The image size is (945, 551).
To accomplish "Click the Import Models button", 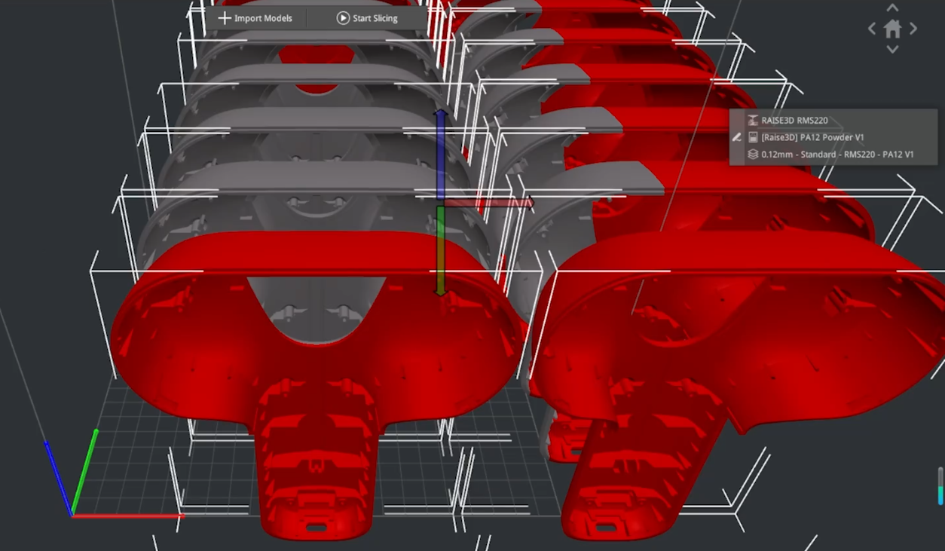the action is click(x=255, y=18).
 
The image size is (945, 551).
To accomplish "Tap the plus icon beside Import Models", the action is click(x=225, y=18).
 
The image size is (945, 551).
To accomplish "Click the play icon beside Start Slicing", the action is click(x=343, y=18).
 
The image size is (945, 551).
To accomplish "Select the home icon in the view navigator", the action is click(x=892, y=29).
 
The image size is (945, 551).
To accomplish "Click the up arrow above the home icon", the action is click(x=892, y=8).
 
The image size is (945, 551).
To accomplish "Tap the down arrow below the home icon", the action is click(x=892, y=49).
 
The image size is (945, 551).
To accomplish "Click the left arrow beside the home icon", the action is click(x=872, y=29).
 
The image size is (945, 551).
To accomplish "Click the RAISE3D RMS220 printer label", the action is click(x=794, y=121).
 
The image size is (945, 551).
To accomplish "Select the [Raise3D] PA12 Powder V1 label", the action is click(x=812, y=137).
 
